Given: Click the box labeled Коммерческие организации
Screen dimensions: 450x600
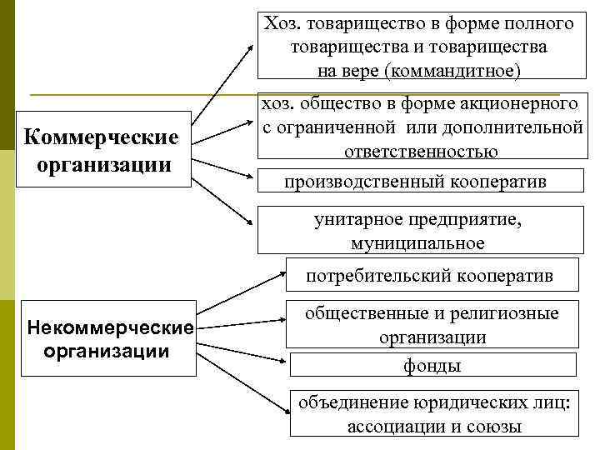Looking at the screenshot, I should [103, 148].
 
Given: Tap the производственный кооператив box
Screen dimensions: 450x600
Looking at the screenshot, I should [416, 182].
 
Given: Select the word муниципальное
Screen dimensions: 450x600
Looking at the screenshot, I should [417, 243].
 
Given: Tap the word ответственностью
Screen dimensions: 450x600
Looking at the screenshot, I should [421, 151].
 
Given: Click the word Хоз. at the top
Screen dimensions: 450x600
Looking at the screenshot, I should [280, 23].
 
